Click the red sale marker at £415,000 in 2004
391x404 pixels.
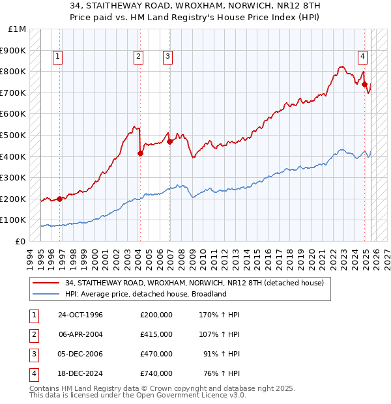point(140,153)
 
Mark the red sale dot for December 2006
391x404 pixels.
point(169,141)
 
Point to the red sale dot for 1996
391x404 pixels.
point(59,199)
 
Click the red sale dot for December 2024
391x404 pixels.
point(365,84)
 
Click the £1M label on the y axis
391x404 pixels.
point(18,29)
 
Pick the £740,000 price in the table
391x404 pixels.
point(156,373)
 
